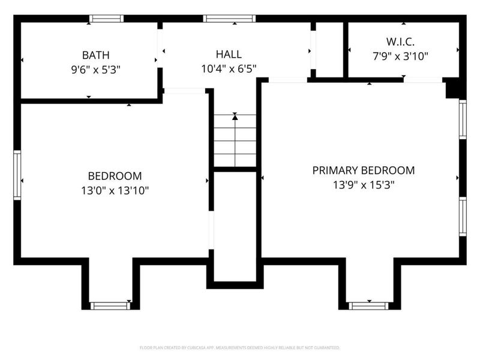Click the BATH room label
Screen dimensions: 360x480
[96, 55]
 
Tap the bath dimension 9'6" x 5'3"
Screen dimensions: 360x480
[96, 69]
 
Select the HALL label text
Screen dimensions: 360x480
[229, 55]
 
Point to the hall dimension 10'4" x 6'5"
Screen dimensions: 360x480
[229, 69]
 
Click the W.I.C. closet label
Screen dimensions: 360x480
[400, 43]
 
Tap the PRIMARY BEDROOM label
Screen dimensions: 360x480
[363, 170]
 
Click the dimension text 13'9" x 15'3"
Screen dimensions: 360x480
[363, 185]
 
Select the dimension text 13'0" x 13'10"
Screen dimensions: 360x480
[115, 191]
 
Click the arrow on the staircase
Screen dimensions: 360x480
[235, 118]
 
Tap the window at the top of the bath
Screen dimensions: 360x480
[106, 19]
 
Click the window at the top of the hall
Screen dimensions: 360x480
[229, 19]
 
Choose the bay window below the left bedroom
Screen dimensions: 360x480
[110, 305]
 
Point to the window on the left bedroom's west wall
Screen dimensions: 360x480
[17, 175]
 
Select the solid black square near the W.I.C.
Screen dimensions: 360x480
[454, 89]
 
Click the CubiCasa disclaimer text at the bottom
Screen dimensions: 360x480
[239, 347]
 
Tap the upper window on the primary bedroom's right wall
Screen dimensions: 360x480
[463, 119]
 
